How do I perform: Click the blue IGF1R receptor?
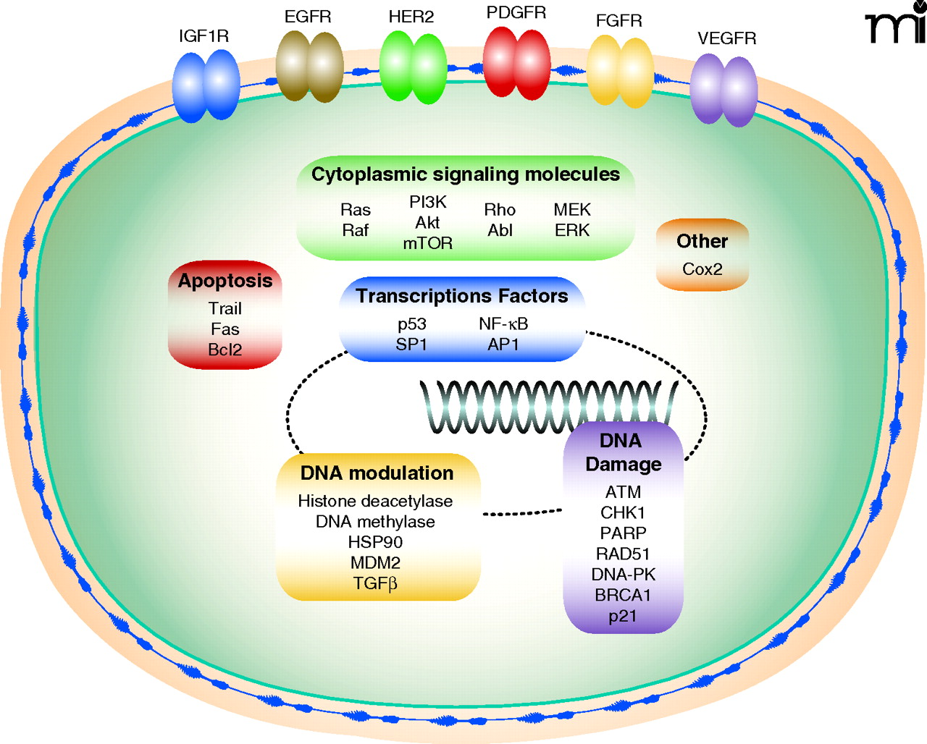[x=206, y=85]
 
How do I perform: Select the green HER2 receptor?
[x=413, y=67]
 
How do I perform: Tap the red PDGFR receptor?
[x=516, y=63]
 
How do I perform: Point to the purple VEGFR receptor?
[x=723, y=89]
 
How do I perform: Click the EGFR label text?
[x=308, y=17]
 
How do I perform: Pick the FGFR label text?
[x=618, y=20]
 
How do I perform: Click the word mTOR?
[x=427, y=243]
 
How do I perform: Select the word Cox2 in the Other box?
[x=702, y=269]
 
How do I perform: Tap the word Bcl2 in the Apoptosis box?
[x=225, y=350]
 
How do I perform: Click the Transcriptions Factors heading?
[x=461, y=296]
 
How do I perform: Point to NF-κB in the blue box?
[x=503, y=324]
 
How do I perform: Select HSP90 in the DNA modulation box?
[x=375, y=542]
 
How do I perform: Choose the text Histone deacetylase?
[x=375, y=501]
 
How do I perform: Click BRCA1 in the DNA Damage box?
[x=623, y=595]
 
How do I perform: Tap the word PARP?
[x=623, y=533]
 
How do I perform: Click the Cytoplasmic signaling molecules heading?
[x=465, y=174]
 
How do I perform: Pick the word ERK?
[x=572, y=230]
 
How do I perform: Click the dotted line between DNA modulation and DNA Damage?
[x=521, y=513]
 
